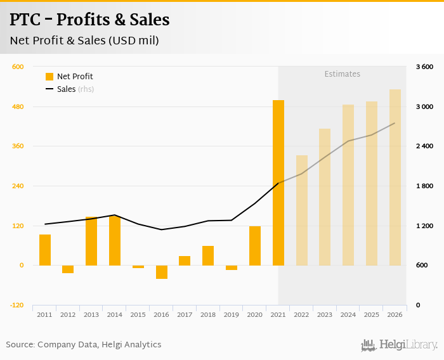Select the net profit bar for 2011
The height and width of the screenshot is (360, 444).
point(45,250)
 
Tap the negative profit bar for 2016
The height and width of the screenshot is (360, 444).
point(162,272)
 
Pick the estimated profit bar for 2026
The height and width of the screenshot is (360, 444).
point(395,177)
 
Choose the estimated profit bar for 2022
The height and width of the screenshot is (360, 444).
point(302,210)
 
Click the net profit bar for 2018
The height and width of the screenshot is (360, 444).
point(208,255)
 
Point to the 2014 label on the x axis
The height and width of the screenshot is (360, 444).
point(115,314)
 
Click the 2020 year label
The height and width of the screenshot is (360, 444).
point(255,314)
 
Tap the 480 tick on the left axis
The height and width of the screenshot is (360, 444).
point(18,106)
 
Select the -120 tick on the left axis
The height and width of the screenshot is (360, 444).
point(16,305)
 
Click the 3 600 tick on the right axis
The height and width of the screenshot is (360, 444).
point(424,67)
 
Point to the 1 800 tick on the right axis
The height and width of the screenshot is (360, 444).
point(424,186)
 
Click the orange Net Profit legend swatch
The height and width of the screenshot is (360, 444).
point(49,77)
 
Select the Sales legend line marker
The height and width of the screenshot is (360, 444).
point(49,89)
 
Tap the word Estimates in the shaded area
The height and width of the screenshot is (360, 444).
point(343,74)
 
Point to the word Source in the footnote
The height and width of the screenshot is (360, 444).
point(20,345)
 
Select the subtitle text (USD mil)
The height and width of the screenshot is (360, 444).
point(134,41)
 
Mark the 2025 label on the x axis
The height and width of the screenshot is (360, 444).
point(372,314)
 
